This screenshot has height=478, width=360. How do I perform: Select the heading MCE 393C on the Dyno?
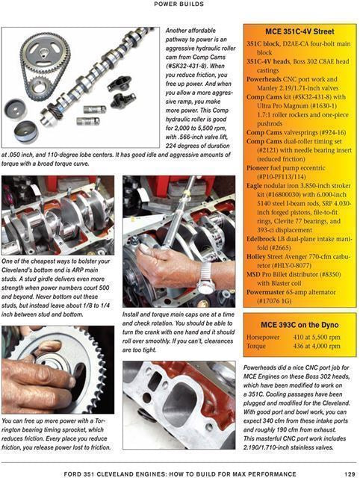(x=299, y=326)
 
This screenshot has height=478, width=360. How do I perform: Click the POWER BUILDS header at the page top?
(x=180, y=4)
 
